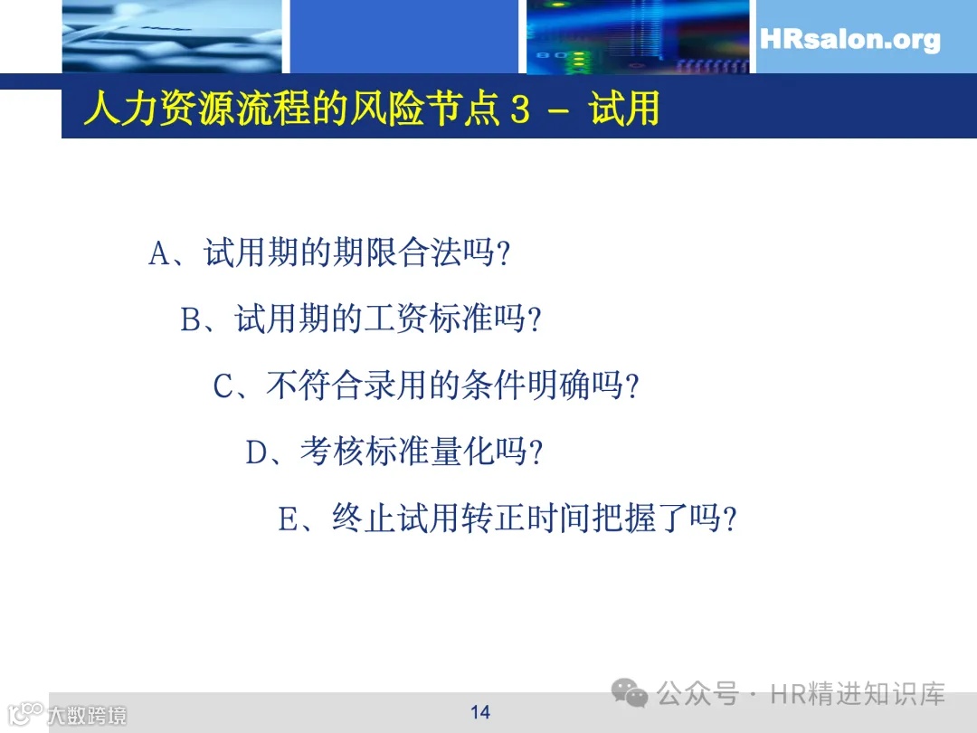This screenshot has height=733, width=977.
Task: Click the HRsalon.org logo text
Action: [849, 41]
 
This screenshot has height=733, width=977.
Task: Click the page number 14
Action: [480, 712]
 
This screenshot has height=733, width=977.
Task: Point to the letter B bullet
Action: [191, 320]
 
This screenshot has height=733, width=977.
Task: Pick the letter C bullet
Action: [223, 387]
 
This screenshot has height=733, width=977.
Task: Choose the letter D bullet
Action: [256, 453]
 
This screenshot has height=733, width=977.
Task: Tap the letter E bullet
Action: [288, 520]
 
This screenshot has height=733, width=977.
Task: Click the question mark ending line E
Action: [731, 520]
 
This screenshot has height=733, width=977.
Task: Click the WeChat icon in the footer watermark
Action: [630, 694]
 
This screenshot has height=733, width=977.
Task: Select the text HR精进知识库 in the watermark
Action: [858, 694]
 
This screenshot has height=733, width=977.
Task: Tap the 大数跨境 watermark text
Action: [87, 715]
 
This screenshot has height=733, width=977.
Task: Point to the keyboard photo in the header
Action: [172, 36]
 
